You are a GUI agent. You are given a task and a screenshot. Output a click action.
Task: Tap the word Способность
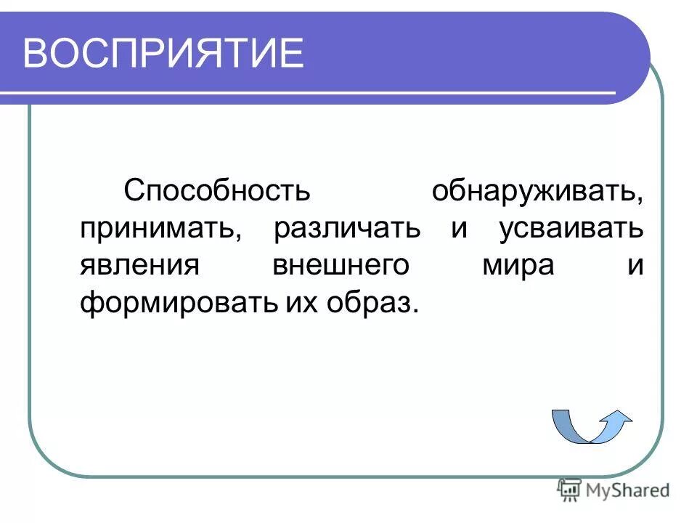217,190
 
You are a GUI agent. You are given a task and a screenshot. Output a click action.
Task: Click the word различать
347,229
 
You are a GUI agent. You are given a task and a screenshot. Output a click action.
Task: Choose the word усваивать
571,229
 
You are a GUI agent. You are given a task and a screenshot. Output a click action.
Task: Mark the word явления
139,266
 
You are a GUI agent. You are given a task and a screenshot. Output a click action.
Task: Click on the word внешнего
341,266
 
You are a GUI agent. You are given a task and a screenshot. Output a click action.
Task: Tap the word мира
518,266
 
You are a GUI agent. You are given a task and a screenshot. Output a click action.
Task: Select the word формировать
177,302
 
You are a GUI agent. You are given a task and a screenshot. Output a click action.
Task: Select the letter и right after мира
635,266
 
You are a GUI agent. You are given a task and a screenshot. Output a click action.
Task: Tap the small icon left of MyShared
568,490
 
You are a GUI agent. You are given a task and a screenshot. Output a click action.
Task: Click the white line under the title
312,93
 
